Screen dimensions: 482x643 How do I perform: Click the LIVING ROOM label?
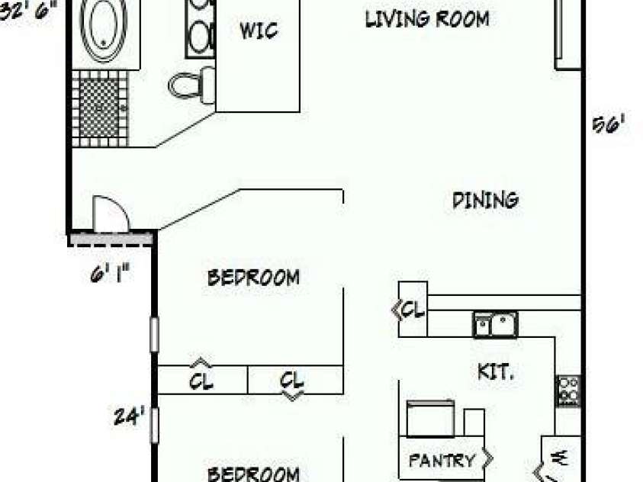426,19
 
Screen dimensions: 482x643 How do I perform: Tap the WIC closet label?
259,31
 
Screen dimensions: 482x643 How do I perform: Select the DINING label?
485,200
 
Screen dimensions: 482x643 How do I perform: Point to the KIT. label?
495,372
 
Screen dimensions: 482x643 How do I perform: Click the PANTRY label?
442,461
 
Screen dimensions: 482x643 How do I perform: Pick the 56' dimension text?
609,125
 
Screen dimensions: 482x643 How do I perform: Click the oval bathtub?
107,29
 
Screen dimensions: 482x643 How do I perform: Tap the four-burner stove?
567,390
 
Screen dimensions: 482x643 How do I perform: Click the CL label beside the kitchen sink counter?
413,310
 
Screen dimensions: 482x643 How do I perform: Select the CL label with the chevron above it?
201,380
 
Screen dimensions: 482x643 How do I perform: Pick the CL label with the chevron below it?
292,379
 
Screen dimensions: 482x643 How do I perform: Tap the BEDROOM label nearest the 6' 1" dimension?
253,277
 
